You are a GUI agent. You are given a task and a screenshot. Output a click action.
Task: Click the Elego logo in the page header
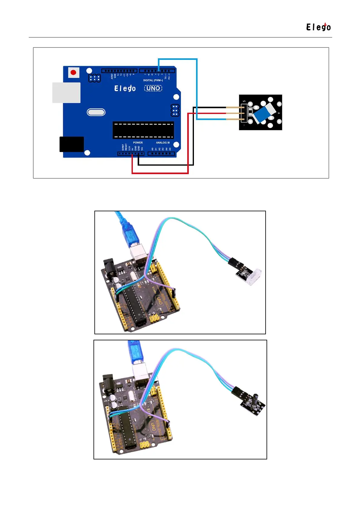318,27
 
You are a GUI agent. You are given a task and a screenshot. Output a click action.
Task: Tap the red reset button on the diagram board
73,73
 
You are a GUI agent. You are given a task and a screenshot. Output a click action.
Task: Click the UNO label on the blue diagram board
153,88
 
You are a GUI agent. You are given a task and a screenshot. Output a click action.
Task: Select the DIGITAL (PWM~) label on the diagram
153,80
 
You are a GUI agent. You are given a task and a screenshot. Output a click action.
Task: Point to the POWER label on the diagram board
138,143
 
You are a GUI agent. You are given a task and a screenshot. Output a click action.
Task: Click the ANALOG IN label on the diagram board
163,143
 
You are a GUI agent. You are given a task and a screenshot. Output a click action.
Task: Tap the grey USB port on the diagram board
66,93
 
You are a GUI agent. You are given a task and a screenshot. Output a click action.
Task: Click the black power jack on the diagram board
72,144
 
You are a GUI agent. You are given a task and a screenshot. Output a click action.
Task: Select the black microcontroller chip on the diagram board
143,130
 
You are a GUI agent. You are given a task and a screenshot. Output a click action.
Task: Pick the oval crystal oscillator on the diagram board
96,112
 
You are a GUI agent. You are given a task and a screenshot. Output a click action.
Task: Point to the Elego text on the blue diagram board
125,88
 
